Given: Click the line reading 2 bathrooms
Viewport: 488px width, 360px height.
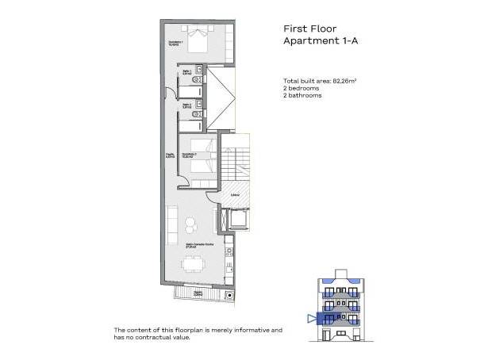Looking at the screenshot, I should pyautogui.click(x=304, y=96).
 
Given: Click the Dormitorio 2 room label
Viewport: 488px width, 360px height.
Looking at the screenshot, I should pyautogui.click(x=189, y=155).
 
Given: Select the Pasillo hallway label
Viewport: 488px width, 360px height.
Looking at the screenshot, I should pyautogui.click(x=170, y=155).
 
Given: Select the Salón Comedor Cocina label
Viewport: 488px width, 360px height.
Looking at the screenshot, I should pyautogui.click(x=197, y=244).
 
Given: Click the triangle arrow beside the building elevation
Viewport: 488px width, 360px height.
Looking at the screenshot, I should pyautogui.click(x=310, y=320).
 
